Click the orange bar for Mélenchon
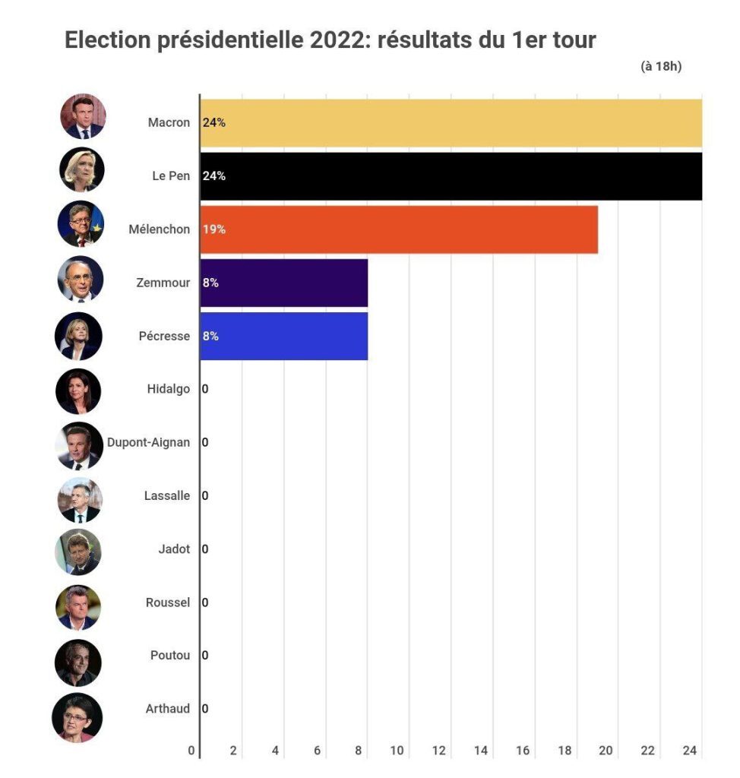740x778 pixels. (x=399, y=229)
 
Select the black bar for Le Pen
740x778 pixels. (x=451, y=176)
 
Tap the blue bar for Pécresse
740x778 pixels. (x=284, y=336)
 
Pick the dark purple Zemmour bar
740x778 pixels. (x=284, y=283)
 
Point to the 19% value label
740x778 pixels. (x=214, y=229)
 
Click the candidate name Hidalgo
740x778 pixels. (x=168, y=389)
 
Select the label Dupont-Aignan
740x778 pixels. (x=149, y=442)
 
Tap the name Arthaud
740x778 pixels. (x=167, y=709)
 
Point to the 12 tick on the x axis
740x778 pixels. (x=439, y=751)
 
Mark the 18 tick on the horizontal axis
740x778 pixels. (x=564, y=751)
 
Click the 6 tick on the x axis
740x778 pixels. (x=317, y=751)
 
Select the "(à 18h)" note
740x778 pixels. (x=661, y=66)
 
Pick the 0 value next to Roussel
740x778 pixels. (x=205, y=602)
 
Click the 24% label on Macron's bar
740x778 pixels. (x=214, y=122)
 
